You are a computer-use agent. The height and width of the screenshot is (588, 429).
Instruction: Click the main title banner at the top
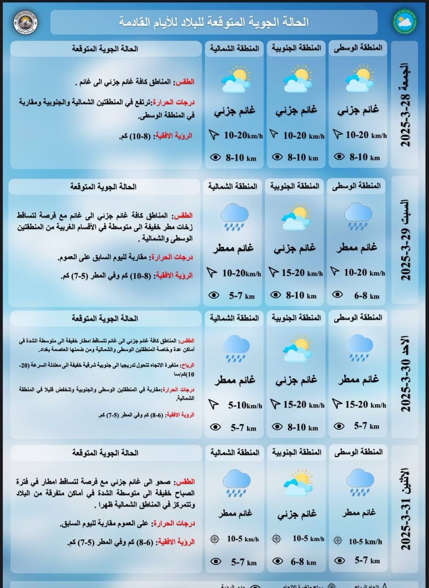click(214, 22)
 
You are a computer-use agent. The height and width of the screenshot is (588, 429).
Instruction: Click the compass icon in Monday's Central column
click(338, 541)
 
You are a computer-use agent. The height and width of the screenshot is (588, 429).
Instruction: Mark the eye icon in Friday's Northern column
click(214, 158)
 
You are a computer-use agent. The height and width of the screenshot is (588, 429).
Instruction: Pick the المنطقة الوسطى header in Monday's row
click(363, 452)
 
